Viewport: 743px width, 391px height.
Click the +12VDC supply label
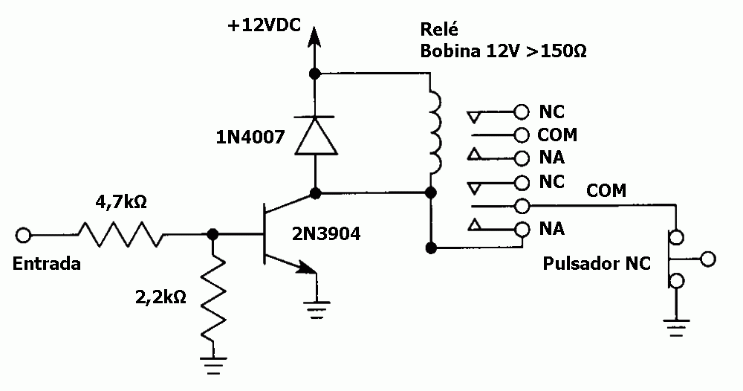pos(264,25)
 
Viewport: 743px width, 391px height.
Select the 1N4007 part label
pos(250,137)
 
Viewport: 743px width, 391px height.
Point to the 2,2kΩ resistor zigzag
pos(212,297)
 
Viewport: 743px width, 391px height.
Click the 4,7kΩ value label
pos(121,202)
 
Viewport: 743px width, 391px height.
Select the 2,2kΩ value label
pos(160,297)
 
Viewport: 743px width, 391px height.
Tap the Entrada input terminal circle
pos(23,235)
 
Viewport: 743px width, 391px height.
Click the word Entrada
pos(46,263)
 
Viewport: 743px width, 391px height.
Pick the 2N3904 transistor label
pos(326,233)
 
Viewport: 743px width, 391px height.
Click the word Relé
pos(439,29)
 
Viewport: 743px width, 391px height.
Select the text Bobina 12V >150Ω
pos(503,51)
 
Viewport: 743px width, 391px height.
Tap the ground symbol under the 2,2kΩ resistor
pos(212,366)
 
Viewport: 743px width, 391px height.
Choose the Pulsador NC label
pos(597,263)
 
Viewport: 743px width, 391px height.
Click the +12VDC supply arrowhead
pos(313,36)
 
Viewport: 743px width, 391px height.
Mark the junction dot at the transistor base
pos(212,234)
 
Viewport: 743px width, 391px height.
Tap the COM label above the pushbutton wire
pos(606,191)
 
